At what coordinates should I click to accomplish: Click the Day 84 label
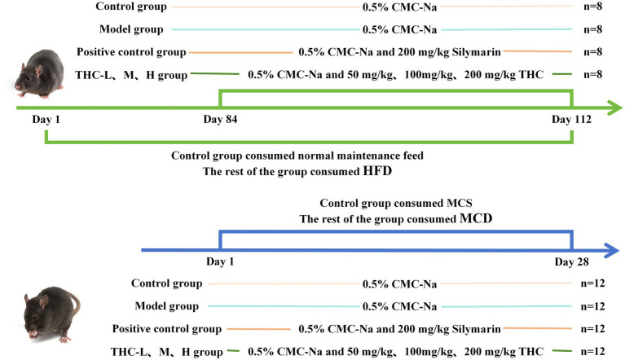[x=220, y=120]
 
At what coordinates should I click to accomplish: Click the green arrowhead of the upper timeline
[x=610, y=106]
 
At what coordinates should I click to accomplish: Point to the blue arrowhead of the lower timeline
[x=610, y=249]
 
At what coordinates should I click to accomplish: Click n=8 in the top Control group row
[x=600, y=8]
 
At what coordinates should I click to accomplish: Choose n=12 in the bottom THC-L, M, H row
[x=599, y=352]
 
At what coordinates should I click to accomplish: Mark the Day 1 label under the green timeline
[x=46, y=120]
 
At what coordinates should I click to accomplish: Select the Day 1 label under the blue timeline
[x=220, y=264]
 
